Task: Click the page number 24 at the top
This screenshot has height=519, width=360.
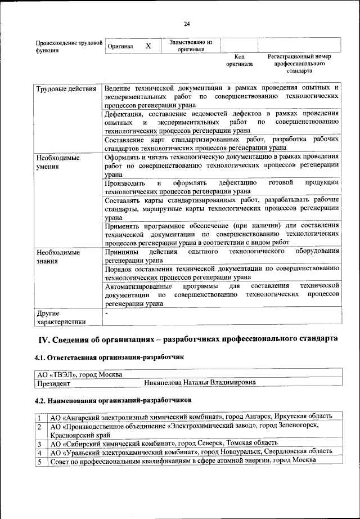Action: tap(187, 23)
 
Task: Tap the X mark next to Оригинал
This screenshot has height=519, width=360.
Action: tap(148, 45)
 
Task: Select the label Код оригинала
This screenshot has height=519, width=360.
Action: tap(239, 60)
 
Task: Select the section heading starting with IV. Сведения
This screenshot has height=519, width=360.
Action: tap(188, 339)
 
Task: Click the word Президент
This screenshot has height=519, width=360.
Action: tap(53, 383)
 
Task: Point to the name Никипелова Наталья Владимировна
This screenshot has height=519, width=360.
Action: tap(200, 383)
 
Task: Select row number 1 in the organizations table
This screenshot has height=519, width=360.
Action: tap(39, 417)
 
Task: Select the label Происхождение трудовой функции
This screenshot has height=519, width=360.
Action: tap(68, 46)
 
